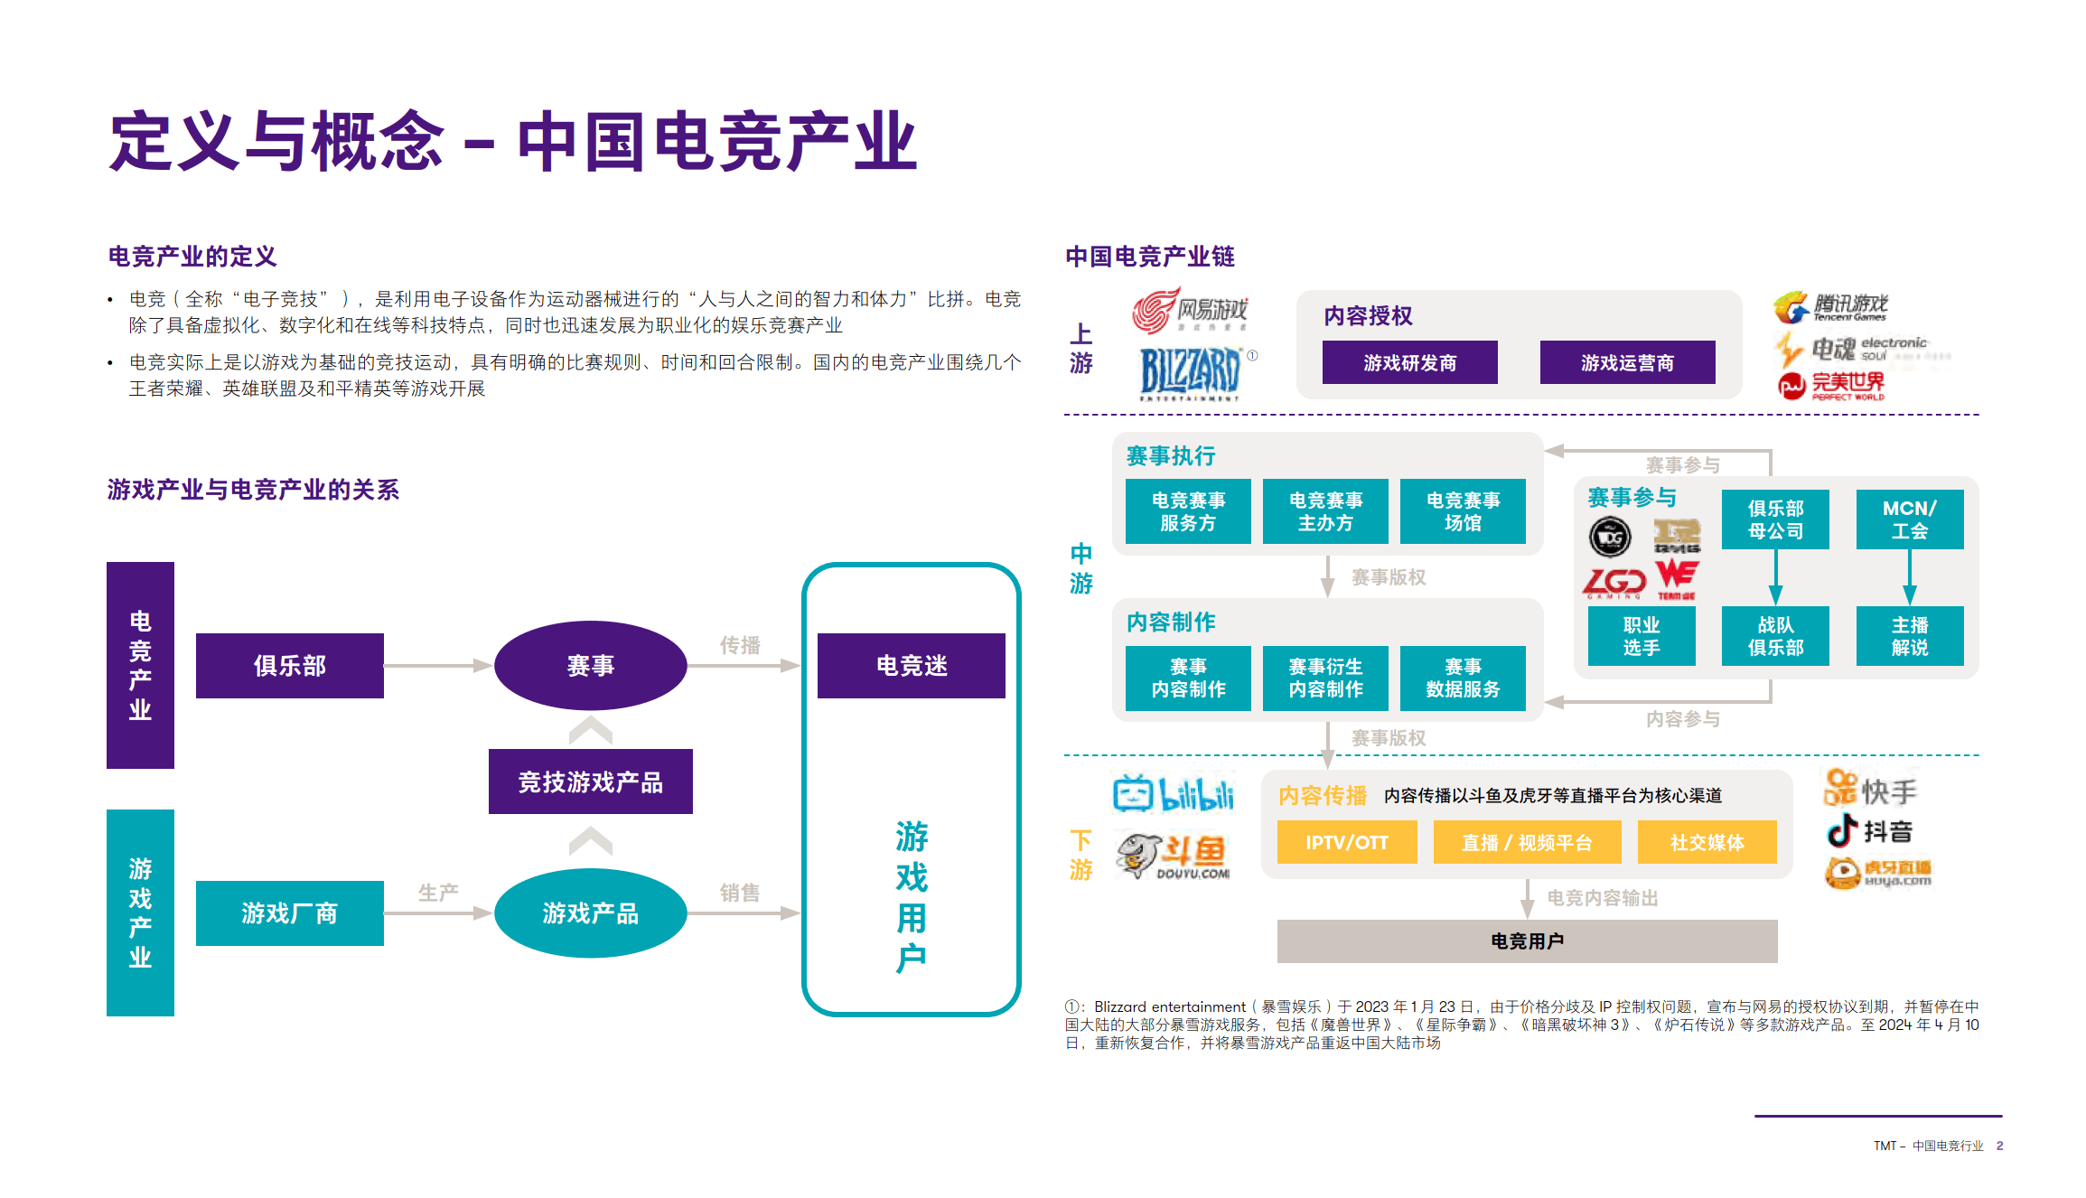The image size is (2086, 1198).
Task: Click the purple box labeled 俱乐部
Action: tap(289, 666)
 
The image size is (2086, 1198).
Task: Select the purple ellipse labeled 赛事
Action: tap(590, 666)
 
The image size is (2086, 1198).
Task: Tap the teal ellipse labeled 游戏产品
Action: tap(590, 913)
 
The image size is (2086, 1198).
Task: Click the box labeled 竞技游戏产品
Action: tap(590, 782)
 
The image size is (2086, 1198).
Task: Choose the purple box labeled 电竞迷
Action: tap(911, 666)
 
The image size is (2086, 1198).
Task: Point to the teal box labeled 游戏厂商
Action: tap(289, 913)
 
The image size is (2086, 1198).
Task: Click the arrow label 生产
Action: tap(438, 893)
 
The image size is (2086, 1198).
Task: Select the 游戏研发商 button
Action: tap(1409, 362)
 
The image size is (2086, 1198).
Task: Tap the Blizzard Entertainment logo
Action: tap(1190, 373)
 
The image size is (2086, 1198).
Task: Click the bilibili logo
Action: tap(1173, 794)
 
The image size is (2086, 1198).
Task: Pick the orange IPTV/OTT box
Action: tap(1346, 842)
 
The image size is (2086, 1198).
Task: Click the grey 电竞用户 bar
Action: tap(1527, 941)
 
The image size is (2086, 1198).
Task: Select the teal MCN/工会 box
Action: tap(1909, 519)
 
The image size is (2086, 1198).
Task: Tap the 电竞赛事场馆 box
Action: tap(1463, 511)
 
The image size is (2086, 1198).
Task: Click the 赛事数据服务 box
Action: tap(1463, 678)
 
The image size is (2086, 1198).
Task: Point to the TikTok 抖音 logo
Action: tap(1867, 830)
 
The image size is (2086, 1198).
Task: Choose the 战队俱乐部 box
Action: tap(1775, 636)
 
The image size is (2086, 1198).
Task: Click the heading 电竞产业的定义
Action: tap(192, 257)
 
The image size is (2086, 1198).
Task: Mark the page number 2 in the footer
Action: tap(1999, 1146)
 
